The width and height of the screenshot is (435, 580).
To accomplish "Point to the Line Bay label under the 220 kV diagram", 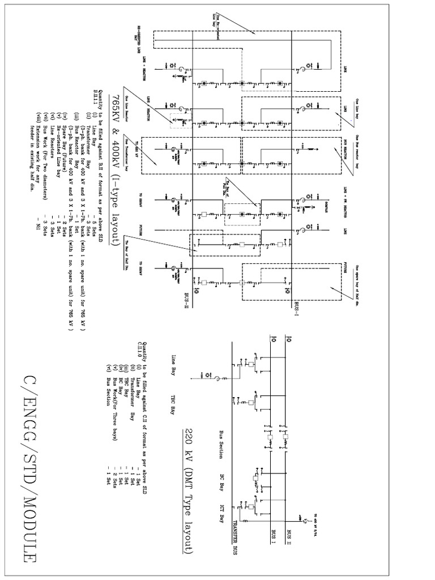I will [x=173, y=364].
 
